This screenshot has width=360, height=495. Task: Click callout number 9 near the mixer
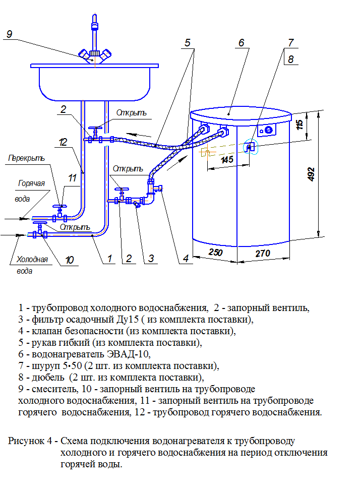click(9, 34)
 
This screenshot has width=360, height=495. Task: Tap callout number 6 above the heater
click(241, 43)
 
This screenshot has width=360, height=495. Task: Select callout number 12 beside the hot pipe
click(63, 143)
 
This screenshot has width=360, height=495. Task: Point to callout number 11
click(72, 177)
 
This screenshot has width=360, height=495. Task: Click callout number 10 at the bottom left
click(69, 260)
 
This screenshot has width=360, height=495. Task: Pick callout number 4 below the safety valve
click(186, 259)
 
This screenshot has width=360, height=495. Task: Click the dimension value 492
click(311, 174)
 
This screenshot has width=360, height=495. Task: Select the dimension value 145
click(227, 160)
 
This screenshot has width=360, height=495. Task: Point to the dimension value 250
click(215, 253)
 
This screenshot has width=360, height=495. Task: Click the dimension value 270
click(262, 253)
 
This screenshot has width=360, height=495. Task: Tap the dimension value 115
click(300, 124)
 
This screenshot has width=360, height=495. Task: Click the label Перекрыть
click(26, 158)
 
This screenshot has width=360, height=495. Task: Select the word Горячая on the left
click(32, 183)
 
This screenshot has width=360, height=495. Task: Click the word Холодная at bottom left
click(32, 260)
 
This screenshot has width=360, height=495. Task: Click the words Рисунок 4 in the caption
click(30, 441)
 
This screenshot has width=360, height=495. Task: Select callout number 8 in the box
click(290, 58)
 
